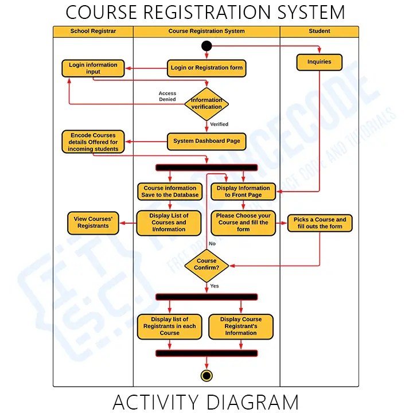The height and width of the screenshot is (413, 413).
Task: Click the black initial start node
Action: point(206,46)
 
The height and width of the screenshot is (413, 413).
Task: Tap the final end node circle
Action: point(206,375)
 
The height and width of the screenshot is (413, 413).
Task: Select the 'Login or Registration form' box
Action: point(206,68)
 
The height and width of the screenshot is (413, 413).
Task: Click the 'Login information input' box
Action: point(93,68)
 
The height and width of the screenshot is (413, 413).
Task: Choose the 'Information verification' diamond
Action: point(206,104)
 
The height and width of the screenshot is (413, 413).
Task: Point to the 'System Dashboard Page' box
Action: point(206,141)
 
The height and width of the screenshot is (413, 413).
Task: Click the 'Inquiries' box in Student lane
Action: point(319,62)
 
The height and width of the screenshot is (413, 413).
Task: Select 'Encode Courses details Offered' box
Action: point(93,142)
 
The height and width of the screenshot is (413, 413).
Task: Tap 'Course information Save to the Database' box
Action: point(170,192)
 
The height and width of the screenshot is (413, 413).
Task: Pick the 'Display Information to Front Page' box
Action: point(243,192)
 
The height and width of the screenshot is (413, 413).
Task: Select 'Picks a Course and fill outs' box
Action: point(320,223)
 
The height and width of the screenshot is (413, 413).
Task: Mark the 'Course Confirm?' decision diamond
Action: point(206,264)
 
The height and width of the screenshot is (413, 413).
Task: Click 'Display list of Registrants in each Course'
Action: point(169,326)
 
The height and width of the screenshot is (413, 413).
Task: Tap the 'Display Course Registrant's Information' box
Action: point(241,326)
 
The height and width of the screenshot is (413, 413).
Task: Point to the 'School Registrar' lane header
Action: point(93,31)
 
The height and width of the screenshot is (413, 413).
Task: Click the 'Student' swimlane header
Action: point(320,31)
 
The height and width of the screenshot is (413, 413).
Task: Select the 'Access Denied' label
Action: point(167,96)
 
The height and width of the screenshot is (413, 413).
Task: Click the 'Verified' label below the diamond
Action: point(219,124)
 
